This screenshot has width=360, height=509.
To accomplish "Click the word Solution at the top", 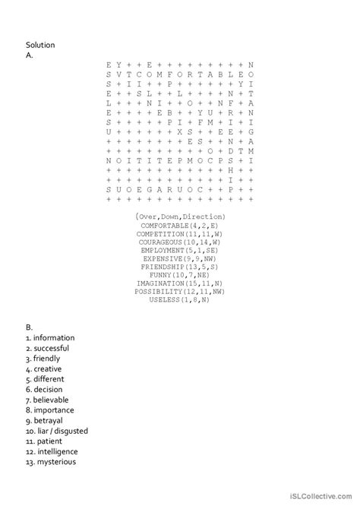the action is pyautogui.click(x=40, y=45).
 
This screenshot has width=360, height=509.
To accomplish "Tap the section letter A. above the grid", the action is pyautogui.click(x=29, y=55).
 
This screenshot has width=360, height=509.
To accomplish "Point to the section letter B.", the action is pyautogui.click(x=29, y=327).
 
